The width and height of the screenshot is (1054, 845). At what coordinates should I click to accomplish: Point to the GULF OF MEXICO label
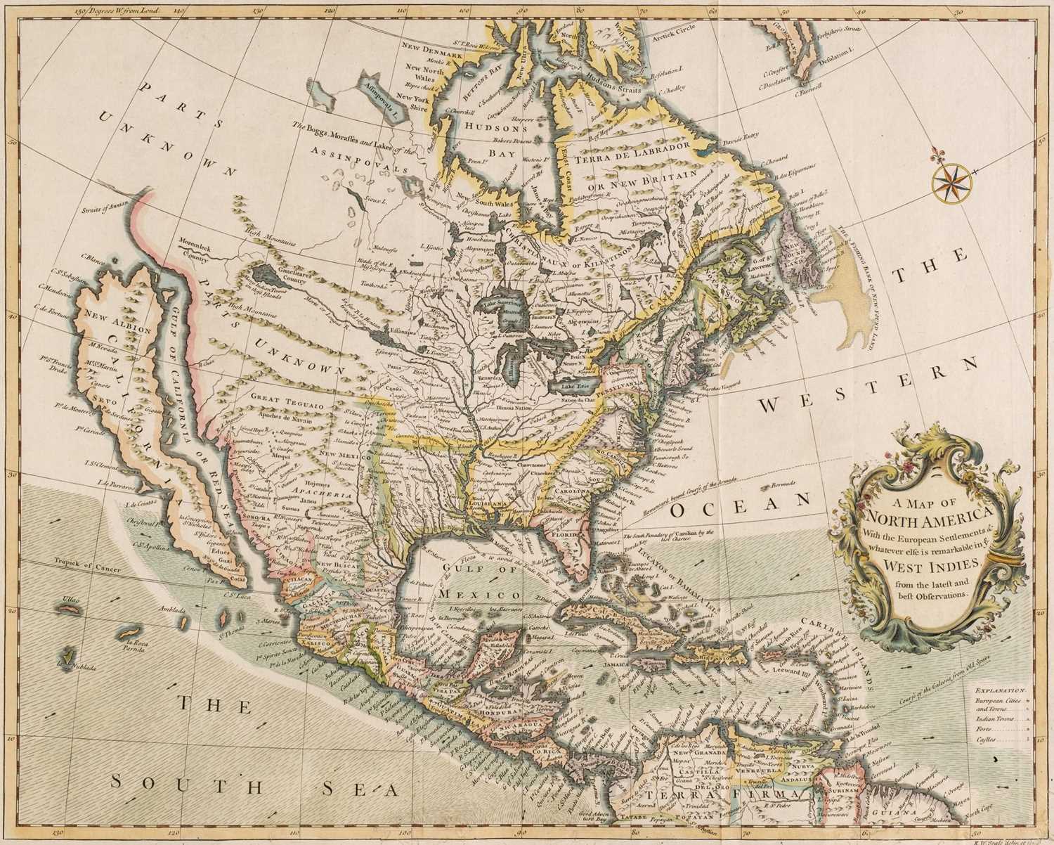click(x=475, y=574)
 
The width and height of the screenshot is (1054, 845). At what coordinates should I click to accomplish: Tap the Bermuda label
click(x=781, y=484)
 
